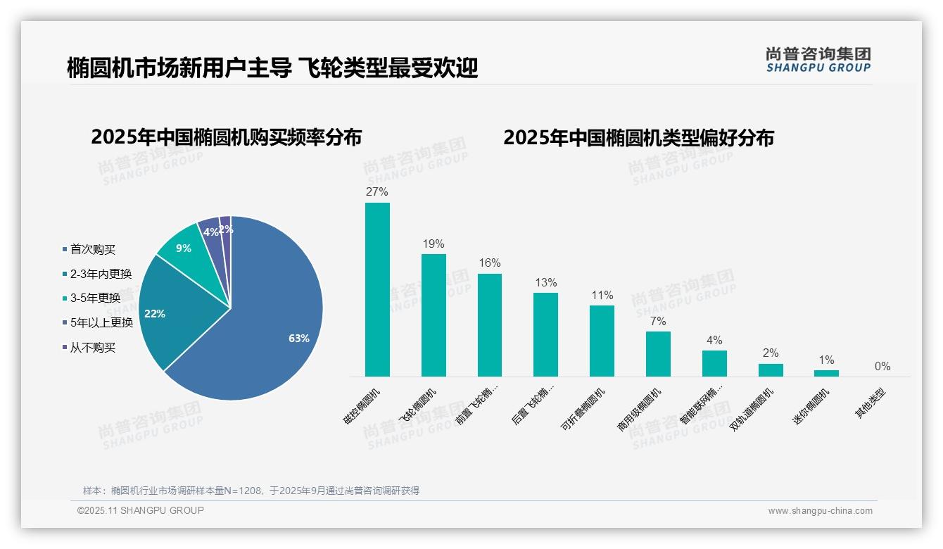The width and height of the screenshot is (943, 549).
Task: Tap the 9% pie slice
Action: [x=184, y=246]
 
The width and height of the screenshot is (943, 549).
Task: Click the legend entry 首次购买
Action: [x=92, y=249]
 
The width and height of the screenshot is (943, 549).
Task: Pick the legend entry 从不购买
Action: [x=92, y=348]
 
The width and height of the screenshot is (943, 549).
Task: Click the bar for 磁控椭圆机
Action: [x=377, y=289]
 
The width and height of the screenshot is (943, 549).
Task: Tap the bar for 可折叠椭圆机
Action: [x=602, y=341]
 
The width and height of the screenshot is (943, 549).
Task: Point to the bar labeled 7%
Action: [x=658, y=354]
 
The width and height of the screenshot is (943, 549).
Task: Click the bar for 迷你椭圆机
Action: [x=826, y=373]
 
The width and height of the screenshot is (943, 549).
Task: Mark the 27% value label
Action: [x=377, y=191]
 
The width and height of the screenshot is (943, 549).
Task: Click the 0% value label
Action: [x=882, y=366]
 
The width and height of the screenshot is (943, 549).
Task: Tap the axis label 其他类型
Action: [x=871, y=403]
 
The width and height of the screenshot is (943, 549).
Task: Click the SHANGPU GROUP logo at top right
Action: [x=818, y=59]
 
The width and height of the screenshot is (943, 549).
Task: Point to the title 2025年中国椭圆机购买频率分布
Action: [x=226, y=137]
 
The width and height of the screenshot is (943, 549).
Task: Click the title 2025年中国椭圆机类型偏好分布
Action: [x=638, y=137]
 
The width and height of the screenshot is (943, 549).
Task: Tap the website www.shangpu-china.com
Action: [x=820, y=511]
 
